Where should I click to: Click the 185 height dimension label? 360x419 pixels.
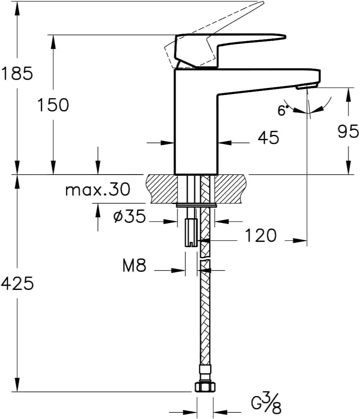coord(16,73)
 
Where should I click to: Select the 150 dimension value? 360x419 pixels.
coord(53,105)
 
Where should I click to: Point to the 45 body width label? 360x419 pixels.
coord(268,137)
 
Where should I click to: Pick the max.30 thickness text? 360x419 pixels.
coord(97,190)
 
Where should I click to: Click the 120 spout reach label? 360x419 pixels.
coord(260,236)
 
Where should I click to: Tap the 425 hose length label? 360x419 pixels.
coord(17,283)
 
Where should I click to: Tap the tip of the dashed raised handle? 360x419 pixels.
coord(260,4)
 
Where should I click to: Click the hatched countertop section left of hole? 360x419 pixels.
coord(161,189)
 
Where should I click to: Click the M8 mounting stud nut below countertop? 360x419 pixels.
coord(191,232)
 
